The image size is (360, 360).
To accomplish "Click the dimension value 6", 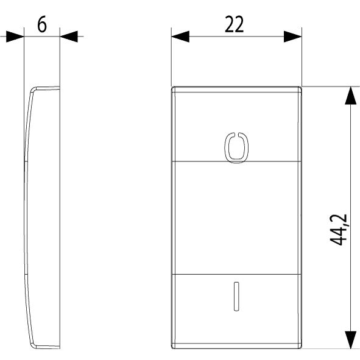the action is [42, 24].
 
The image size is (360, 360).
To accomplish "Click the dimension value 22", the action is [234, 24].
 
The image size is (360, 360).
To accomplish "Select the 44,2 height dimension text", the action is [339, 230].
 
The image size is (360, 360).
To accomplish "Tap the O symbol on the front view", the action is [236, 147].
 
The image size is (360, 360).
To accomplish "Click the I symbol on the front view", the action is [236, 297].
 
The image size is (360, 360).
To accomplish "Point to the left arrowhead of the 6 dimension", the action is [15, 37].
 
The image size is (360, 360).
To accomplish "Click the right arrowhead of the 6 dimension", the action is [69, 37].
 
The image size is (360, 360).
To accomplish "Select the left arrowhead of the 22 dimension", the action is [180, 37].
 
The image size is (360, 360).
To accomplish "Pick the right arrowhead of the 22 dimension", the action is [293, 37].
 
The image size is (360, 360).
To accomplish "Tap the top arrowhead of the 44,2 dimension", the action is [351, 96].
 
